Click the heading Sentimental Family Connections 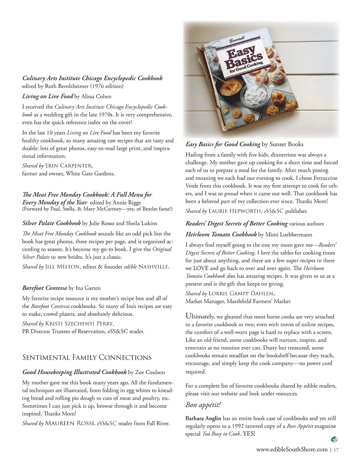tap(87, 358)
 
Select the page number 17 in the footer tap(336, 450)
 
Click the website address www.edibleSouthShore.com tap(292, 449)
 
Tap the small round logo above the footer tap(334, 439)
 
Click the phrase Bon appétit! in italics tap(203, 405)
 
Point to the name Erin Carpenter tap(69, 165)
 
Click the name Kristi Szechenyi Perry tap(79, 323)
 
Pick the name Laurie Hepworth tap(235, 211)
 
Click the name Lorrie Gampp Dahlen tap(241, 293)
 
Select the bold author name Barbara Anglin tap(203, 418)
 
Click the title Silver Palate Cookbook tap(51, 223)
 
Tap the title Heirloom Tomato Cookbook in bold tap(221, 234)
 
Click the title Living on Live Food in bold tap(47, 96)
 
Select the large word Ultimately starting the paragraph tap(200, 316)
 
